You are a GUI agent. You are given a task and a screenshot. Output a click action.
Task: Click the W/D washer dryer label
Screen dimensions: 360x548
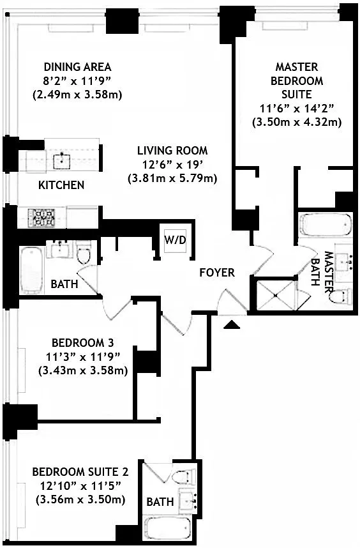click(x=175, y=240)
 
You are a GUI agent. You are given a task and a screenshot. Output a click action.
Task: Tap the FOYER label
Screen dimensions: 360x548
click(x=217, y=272)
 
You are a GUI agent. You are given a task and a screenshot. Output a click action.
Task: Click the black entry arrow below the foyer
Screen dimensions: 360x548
click(x=232, y=325)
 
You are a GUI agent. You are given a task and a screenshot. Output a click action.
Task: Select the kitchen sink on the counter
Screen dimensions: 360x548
click(x=62, y=160)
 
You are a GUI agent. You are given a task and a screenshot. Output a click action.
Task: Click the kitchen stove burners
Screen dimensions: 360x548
click(x=41, y=217)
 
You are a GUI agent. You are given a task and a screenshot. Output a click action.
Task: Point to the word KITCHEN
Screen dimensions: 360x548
click(x=61, y=185)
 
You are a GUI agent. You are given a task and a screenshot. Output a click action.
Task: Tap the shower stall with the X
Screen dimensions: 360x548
click(x=276, y=294)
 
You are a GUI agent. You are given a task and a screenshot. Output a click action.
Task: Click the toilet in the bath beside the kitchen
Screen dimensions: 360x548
click(x=84, y=252)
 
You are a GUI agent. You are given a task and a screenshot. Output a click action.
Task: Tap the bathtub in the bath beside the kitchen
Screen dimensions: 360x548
click(x=32, y=270)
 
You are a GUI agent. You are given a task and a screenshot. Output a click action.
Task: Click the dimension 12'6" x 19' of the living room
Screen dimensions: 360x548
click(x=172, y=164)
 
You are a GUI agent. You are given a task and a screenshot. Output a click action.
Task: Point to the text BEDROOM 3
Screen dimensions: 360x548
click(x=83, y=342)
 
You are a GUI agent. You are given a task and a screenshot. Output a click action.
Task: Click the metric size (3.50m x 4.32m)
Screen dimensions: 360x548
click(x=297, y=123)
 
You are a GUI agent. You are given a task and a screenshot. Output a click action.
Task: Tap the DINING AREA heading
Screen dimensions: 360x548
click(x=77, y=66)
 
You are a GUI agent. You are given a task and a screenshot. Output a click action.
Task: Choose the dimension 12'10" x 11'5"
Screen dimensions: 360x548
click(x=80, y=485)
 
